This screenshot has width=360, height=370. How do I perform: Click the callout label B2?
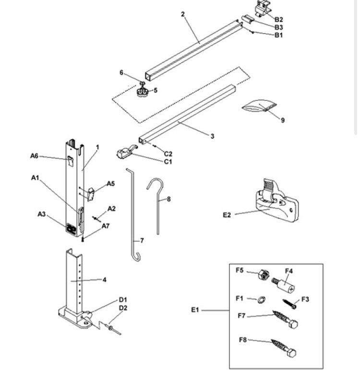tap(278, 19)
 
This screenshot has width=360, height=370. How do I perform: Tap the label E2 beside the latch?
tap(227, 215)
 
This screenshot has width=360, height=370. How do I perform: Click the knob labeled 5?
tap(143, 91)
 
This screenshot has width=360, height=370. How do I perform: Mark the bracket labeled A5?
tap(91, 193)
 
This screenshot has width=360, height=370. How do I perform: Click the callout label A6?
tap(34, 155)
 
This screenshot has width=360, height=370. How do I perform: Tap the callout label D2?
tap(123, 308)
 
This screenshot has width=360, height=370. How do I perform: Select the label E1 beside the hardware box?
tap(194, 310)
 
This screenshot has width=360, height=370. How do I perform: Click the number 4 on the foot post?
tap(105, 280)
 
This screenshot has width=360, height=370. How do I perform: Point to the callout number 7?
tap(142, 240)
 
